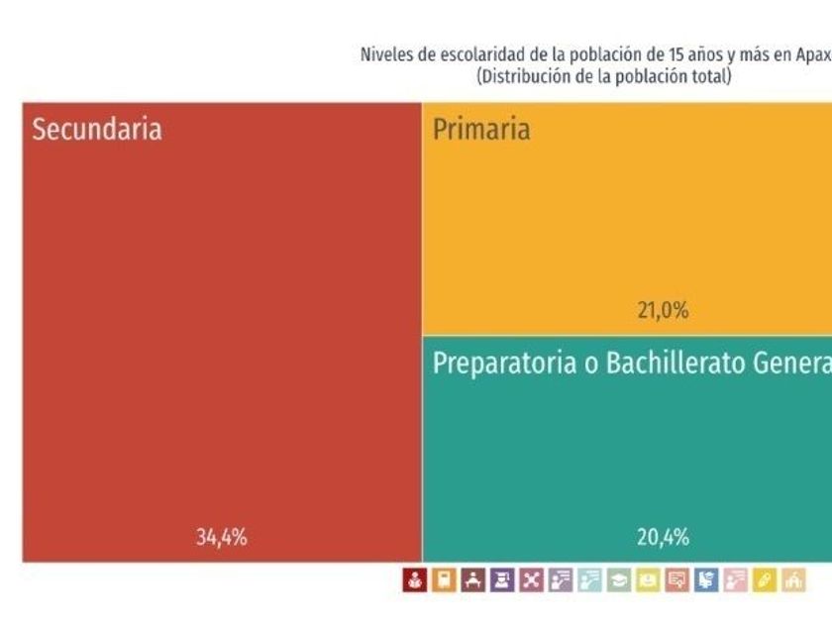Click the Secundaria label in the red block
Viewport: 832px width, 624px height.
click(97, 130)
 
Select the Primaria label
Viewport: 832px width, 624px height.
click(481, 129)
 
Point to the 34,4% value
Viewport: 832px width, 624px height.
click(221, 538)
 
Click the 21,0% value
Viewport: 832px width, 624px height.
click(662, 310)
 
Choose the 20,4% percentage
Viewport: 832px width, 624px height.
click(662, 538)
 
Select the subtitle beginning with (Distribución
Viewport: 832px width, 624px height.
click(603, 76)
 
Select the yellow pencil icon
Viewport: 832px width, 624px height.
click(764, 580)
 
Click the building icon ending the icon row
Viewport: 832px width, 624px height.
click(792, 580)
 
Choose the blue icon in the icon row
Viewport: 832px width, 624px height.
click(705, 580)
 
